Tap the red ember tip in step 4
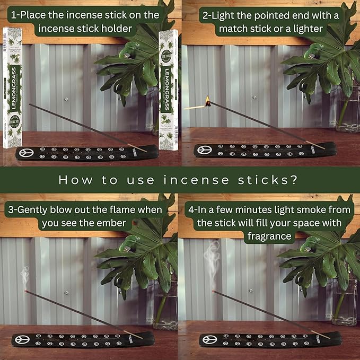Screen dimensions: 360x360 click(213, 292)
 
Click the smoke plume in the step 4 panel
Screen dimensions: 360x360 click(214, 260)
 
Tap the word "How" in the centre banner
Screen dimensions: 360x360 click(73, 180)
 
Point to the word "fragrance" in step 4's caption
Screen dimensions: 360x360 click(269, 235)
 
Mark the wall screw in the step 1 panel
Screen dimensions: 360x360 click(65, 99)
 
